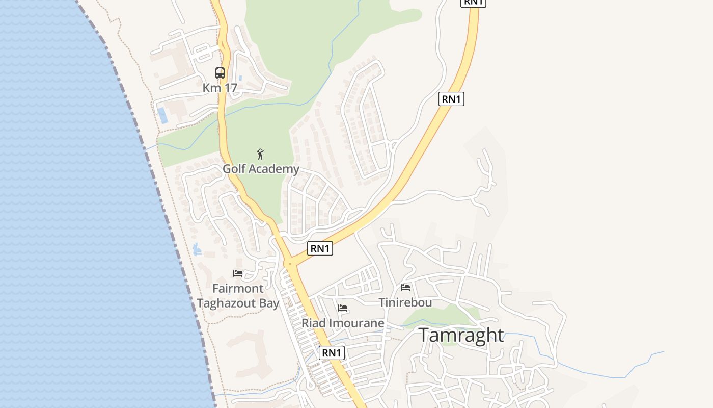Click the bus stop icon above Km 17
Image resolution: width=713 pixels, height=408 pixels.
pyautogui.click(x=220, y=73)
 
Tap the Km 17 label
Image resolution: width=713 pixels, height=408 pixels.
pyautogui.click(x=220, y=88)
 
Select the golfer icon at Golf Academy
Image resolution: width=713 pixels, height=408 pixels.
pyautogui.click(x=260, y=154)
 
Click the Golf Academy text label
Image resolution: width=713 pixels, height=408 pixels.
pyautogui.click(x=261, y=169)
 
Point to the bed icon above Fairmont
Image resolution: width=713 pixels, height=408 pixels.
pyautogui.click(x=238, y=273)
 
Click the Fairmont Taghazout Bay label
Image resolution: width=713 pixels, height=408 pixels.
pyautogui.click(x=238, y=296)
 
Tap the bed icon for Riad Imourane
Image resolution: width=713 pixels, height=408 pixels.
pyautogui.click(x=343, y=308)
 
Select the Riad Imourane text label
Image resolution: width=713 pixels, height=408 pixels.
pyautogui.click(x=343, y=323)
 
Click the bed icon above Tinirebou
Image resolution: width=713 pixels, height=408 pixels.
pyautogui.click(x=405, y=288)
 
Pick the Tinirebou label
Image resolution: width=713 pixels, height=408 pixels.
pyautogui.click(x=405, y=302)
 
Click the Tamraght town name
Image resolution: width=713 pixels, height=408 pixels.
pyautogui.click(x=461, y=335)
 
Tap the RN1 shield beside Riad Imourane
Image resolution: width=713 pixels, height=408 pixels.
pyautogui.click(x=332, y=353)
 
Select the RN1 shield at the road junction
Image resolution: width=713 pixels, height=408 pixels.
pyautogui.click(x=320, y=248)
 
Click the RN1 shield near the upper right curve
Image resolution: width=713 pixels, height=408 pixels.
pyautogui.click(x=451, y=99)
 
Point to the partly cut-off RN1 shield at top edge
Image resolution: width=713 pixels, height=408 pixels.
pyautogui.click(x=473, y=3)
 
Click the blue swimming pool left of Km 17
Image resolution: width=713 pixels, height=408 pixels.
pyautogui.click(x=162, y=116)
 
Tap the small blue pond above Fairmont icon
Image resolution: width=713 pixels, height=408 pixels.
pyautogui.click(x=197, y=250)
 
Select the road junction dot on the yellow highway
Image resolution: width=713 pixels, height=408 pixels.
pyautogui.click(x=290, y=264)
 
